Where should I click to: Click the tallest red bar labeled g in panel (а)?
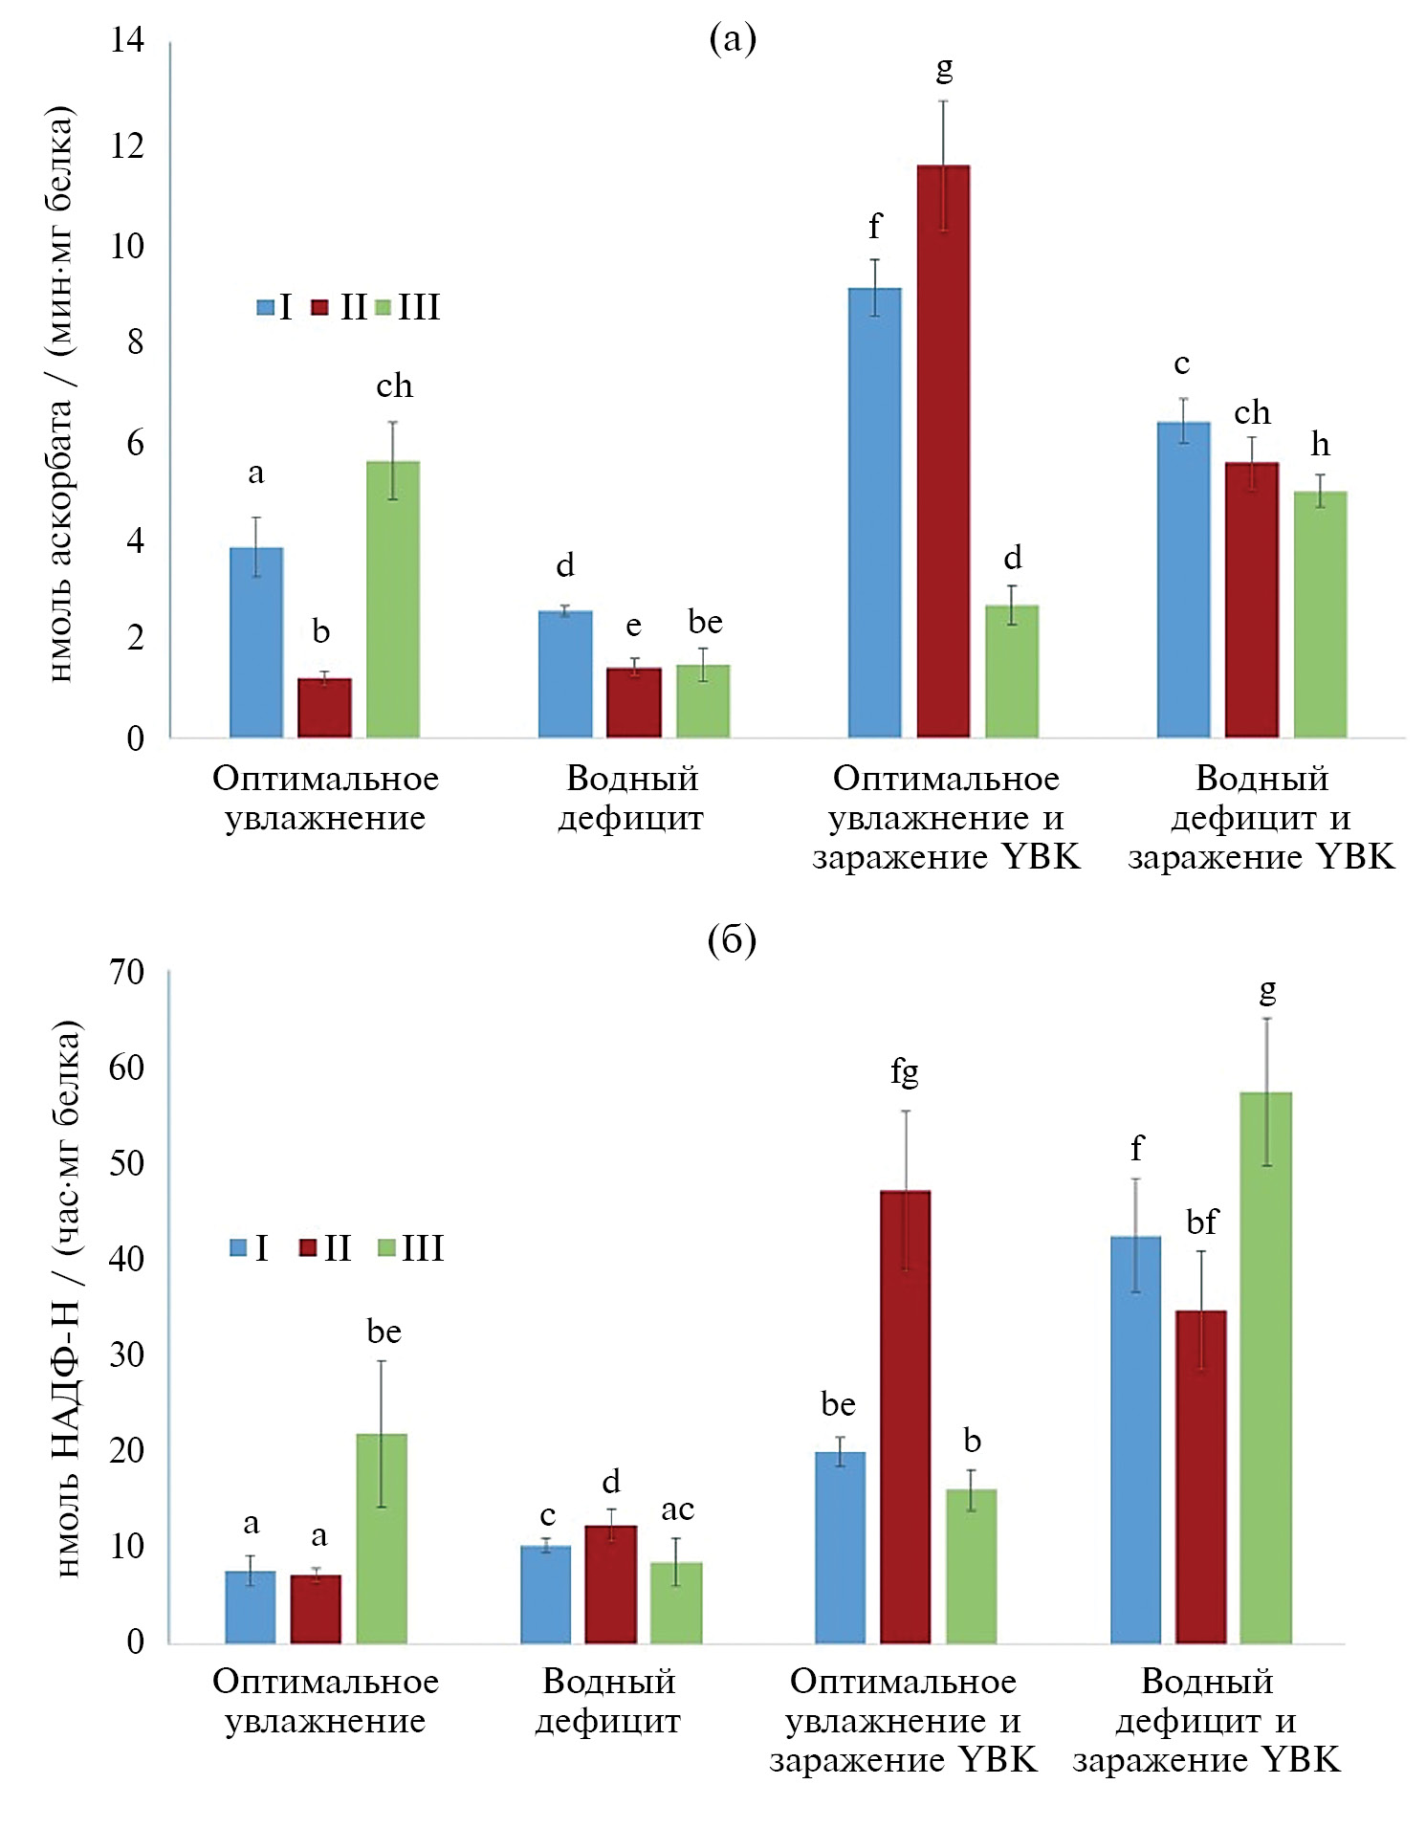(x=943, y=450)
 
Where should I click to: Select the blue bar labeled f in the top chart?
(x=874, y=512)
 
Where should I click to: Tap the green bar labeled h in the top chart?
(x=1320, y=613)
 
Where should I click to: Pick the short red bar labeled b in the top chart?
(x=324, y=707)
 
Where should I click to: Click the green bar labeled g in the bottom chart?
(x=1265, y=1368)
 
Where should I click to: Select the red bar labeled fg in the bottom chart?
(x=905, y=1417)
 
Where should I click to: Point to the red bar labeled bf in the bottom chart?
(x=1200, y=1477)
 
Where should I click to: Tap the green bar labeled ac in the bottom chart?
(x=676, y=1602)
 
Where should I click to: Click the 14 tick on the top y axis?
(x=127, y=40)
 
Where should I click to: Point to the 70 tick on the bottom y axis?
(x=127, y=972)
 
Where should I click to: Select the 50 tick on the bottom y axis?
(x=127, y=1163)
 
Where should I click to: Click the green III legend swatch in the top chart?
(x=383, y=307)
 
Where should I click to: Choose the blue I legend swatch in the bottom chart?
(x=239, y=1247)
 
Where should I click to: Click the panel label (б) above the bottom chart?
(x=732, y=940)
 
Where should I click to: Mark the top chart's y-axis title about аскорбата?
(x=59, y=392)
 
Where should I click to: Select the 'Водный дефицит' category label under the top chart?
(x=631, y=798)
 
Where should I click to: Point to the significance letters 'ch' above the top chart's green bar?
(x=394, y=385)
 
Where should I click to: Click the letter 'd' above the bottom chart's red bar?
(x=611, y=1482)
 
